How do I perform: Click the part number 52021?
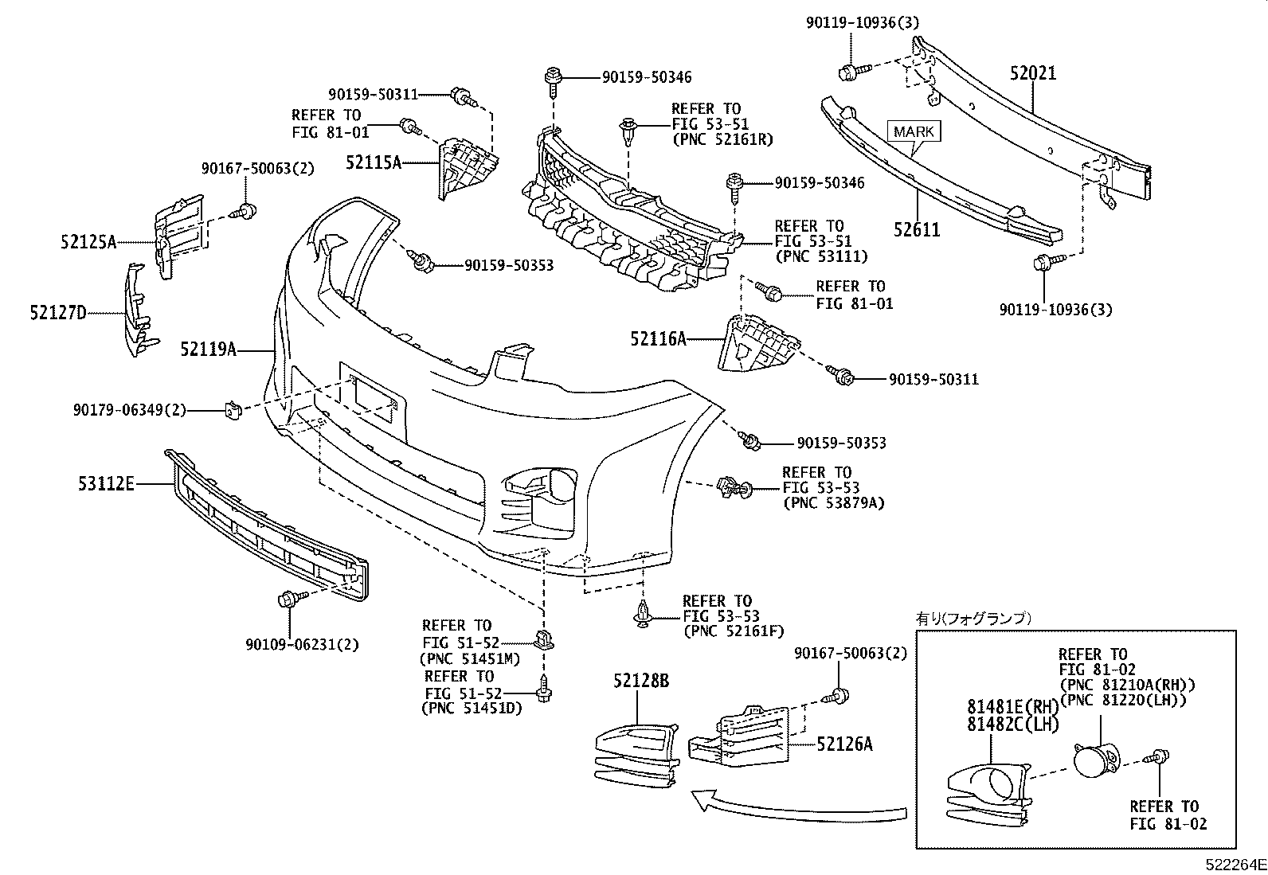pos(1033,73)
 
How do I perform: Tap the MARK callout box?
pos(914,131)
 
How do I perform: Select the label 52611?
pos(917,230)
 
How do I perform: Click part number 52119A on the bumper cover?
pos(208,349)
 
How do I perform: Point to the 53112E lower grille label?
pos(106,482)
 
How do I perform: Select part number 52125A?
pos(88,241)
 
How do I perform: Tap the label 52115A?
pos(373,162)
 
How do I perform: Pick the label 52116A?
pos(658,339)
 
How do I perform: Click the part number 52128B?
pos(641,681)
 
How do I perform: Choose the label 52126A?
pos(844,744)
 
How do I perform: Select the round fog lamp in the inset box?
pos(1097,759)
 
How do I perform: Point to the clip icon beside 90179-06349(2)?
pos(231,410)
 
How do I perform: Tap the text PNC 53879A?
pos(834,503)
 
